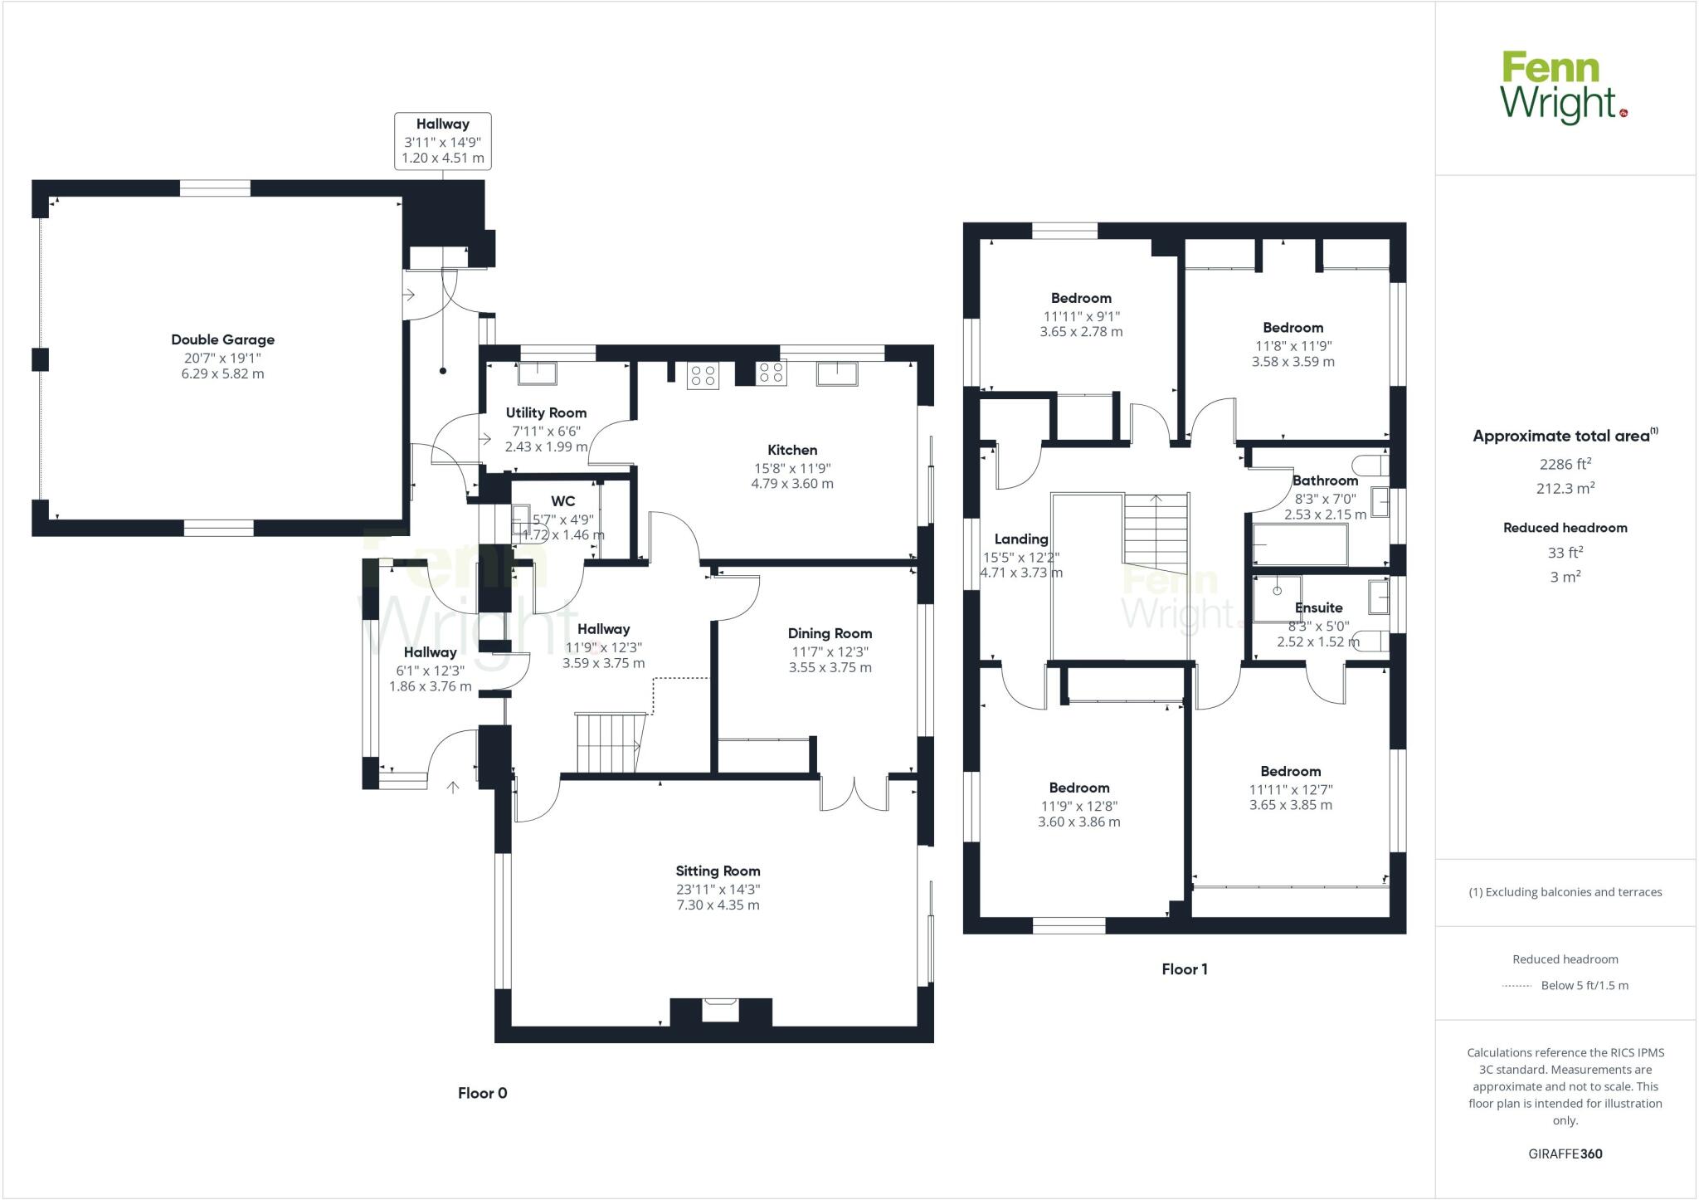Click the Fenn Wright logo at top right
(x=1563, y=88)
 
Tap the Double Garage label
(x=222, y=339)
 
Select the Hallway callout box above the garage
(x=442, y=141)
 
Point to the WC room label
(x=562, y=501)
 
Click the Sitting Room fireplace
(x=720, y=1011)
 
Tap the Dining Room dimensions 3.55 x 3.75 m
(x=830, y=667)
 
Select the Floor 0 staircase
(x=611, y=741)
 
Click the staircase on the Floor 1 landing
(x=1156, y=531)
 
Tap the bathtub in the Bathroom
(x=1299, y=544)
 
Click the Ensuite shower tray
(x=1277, y=598)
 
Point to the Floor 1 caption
(x=1184, y=968)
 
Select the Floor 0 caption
(x=482, y=1093)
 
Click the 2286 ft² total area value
(x=1565, y=465)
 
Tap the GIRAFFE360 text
(x=1565, y=1154)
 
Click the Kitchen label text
(x=791, y=450)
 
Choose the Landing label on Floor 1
(x=1020, y=539)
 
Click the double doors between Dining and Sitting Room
(x=854, y=794)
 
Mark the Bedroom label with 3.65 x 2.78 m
(x=1080, y=298)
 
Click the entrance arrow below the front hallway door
(x=453, y=786)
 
